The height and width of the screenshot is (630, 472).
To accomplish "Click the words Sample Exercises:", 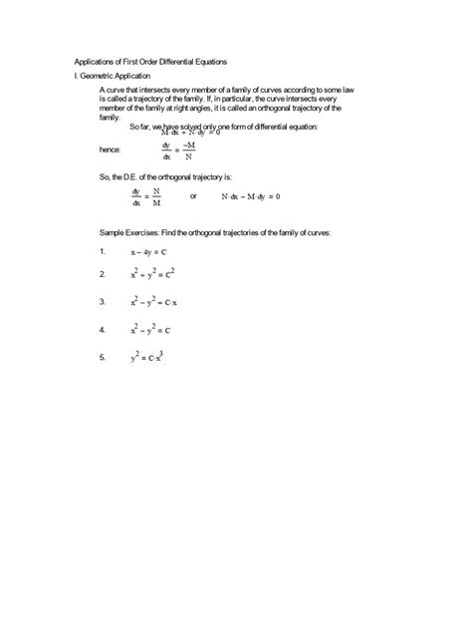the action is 138,231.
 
